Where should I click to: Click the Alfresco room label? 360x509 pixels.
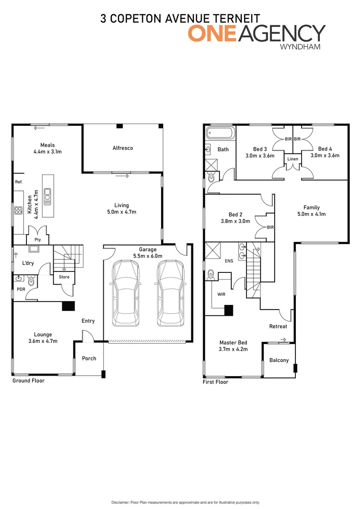(x=123, y=148)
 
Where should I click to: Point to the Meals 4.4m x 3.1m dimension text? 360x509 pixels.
(x=48, y=152)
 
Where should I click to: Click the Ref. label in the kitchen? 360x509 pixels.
(x=19, y=181)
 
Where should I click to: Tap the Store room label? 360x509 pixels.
(x=64, y=277)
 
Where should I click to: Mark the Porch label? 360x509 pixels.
(x=89, y=359)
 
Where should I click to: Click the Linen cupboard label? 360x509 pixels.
(x=293, y=159)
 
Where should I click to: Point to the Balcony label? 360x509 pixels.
(x=279, y=361)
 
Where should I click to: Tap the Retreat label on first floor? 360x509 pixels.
(x=278, y=326)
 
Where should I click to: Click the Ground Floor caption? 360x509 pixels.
(x=28, y=380)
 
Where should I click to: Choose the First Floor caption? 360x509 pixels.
(x=215, y=382)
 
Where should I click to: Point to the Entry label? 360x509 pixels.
(x=88, y=321)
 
